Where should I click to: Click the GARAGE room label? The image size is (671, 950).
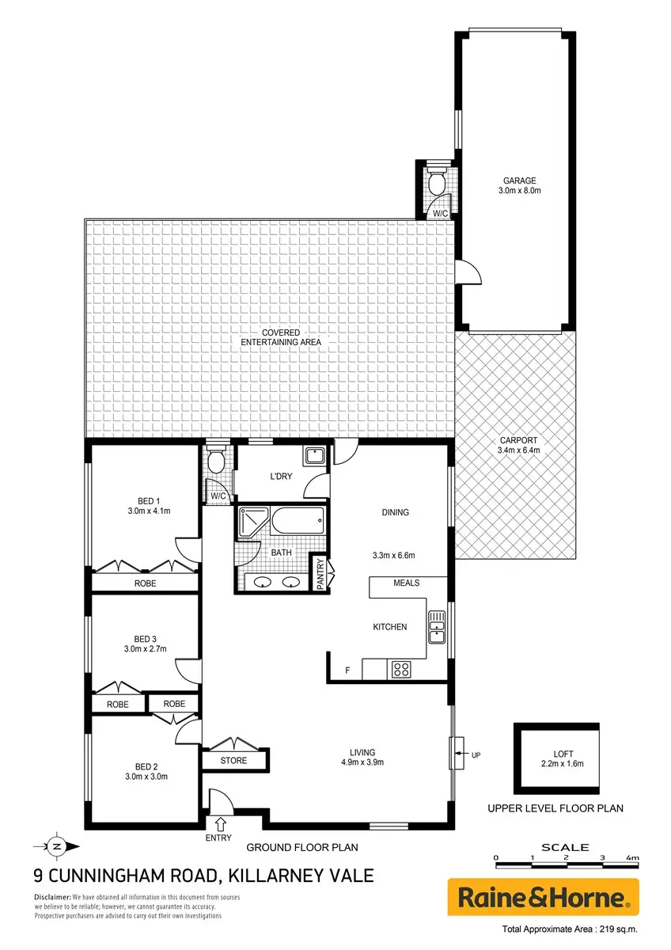point(519,180)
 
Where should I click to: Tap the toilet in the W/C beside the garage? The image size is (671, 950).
point(436,180)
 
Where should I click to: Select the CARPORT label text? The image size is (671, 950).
point(518,440)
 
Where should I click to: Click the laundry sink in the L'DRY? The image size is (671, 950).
point(314,456)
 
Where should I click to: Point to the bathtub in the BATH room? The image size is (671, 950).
point(298,521)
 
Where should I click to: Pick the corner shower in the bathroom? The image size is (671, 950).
point(252,522)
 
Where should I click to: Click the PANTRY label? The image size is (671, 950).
point(320,573)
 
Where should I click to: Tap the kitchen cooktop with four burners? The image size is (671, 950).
point(400,670)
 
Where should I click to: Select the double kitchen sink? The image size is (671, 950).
point(436,627)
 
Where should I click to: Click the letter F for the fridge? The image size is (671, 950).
point(347,671)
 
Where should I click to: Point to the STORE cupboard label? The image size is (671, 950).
point(233,761)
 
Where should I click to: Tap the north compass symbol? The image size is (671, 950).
point(57,847)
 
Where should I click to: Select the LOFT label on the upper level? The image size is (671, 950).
point(563,754)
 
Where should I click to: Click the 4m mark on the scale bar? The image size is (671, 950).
point(632,857)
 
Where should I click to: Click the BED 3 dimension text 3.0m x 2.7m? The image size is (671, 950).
point(146,649)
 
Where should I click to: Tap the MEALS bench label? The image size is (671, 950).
point(406,583)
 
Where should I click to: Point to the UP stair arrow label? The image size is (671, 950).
point(476,755)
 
